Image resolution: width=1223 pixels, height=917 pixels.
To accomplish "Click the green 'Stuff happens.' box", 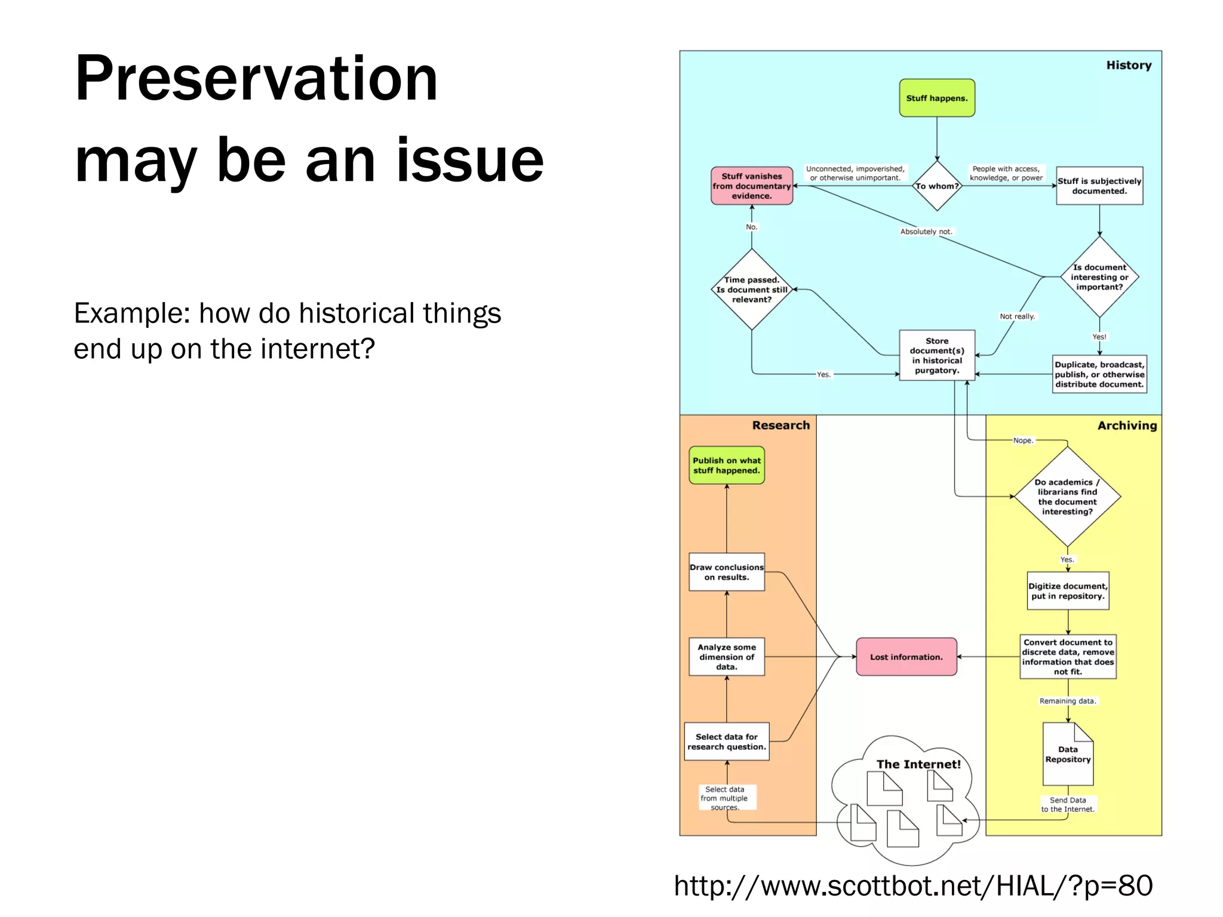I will click(x=936, y=98).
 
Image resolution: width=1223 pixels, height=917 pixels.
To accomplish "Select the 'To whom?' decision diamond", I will click(x=936, y=186).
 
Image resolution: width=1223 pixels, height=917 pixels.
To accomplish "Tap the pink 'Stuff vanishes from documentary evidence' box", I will click(x=751, y=186).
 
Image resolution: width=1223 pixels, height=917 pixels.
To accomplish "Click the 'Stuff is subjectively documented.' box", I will click(x=1099, y=186).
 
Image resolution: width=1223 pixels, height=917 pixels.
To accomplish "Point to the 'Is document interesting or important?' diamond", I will click(x=1099, y=277).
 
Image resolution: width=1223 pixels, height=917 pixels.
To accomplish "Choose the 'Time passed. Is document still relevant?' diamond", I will click(x=751, y=290).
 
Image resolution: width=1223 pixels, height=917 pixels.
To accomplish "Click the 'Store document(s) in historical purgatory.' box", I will click(x=936, y=355).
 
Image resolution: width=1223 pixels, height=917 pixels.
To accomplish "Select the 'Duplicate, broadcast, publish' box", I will click(x=1099, y=374).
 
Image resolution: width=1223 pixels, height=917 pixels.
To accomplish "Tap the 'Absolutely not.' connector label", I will click(x=926, y=232).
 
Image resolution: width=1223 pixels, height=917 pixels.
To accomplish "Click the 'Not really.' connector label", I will click(x=1017, y=316).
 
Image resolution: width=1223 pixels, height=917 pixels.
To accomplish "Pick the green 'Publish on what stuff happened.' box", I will click(x=726, y=465).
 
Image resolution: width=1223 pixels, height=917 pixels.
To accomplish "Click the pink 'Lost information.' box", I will click(x=906, y=657).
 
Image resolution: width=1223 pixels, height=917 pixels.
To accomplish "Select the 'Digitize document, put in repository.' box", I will click(x=1067, y=591).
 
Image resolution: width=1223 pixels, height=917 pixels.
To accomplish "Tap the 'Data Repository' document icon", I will click(x=1067, y=755).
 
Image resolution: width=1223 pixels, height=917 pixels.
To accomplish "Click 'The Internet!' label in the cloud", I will click(x=918, y=764).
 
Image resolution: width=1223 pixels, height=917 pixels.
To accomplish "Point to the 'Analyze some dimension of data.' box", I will click(x=726, y=657).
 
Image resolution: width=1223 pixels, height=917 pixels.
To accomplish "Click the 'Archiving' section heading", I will click(x=1126, y=426).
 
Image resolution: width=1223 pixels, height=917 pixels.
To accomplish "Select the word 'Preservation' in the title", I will click(x=256, y=79).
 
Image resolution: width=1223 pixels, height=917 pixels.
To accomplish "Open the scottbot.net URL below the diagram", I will click(x=912, y=885).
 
